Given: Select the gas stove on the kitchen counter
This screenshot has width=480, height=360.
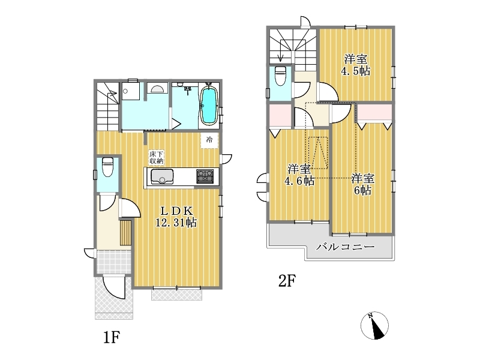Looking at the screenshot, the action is (205, 176).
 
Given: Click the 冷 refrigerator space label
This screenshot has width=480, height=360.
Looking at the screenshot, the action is (209, 140).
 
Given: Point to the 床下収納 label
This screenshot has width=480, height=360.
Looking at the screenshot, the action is (157, 157).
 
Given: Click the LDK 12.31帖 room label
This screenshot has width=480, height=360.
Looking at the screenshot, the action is (176, 217).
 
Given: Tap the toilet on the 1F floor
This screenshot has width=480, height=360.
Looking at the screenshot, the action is (107, 167).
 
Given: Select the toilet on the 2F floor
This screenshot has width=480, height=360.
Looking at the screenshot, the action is (280, 76).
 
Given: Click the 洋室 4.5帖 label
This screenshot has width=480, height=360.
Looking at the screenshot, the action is (355, 65).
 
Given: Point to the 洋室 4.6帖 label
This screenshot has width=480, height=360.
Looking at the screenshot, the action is (299, 175).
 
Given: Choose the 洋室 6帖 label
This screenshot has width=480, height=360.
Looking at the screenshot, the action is (362, 184).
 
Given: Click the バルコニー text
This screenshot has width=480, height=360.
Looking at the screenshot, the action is (346, 247).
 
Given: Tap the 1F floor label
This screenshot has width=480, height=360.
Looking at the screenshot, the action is (111, 337).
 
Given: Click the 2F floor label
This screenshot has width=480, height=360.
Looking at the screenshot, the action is (287, 281).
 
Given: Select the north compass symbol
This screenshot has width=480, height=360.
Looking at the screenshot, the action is (374, 325).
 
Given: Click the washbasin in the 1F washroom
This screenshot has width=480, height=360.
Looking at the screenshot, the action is (157, 88).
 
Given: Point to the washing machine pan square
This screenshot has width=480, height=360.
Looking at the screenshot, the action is (130, 91).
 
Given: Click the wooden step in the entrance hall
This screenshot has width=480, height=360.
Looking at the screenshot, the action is (125, 232).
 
